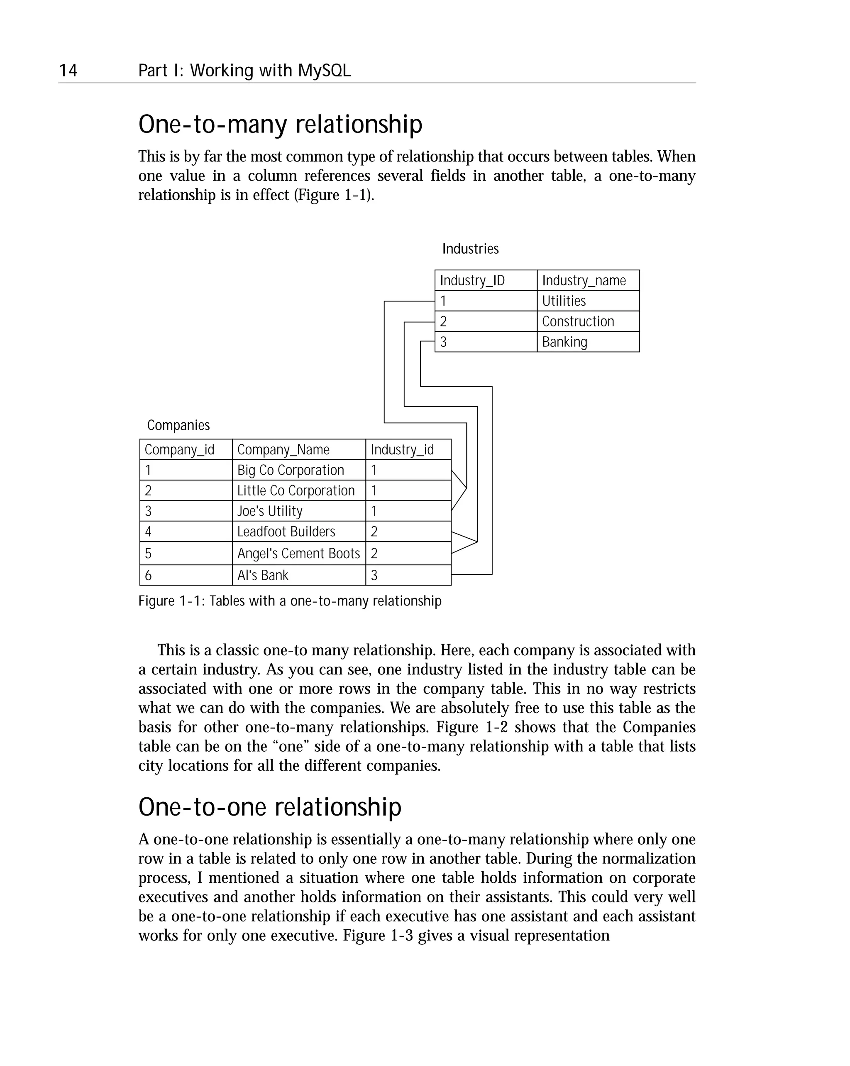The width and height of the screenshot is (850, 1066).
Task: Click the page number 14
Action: click(68, 71)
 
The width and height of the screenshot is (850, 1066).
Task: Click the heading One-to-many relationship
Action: click(280, 124)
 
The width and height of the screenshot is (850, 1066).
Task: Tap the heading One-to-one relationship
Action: click(270, 807)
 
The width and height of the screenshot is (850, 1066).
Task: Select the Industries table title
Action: click(470, 249)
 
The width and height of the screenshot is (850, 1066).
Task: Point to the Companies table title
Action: click(178, 425)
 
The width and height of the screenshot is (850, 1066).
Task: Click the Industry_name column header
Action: click(584, 280)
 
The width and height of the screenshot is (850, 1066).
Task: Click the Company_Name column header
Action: click(283, 449)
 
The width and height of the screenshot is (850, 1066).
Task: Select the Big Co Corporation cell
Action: click(291, 470)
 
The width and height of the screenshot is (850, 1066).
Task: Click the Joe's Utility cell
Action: click(270, 511)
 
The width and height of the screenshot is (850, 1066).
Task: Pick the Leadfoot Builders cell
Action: click(286, 532)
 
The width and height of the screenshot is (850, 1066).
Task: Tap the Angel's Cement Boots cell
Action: click(298, 553)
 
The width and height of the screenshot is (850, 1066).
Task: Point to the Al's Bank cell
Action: click(263, 575)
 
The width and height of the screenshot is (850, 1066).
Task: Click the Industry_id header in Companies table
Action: click(402, 449)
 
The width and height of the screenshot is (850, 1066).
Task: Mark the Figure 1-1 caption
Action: click(290, 601)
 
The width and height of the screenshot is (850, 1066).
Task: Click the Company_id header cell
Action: click(179, 449)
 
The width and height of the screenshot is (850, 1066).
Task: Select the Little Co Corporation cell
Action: click(296, 490)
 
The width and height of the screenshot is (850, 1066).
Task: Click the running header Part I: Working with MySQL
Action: click(244, 71)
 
